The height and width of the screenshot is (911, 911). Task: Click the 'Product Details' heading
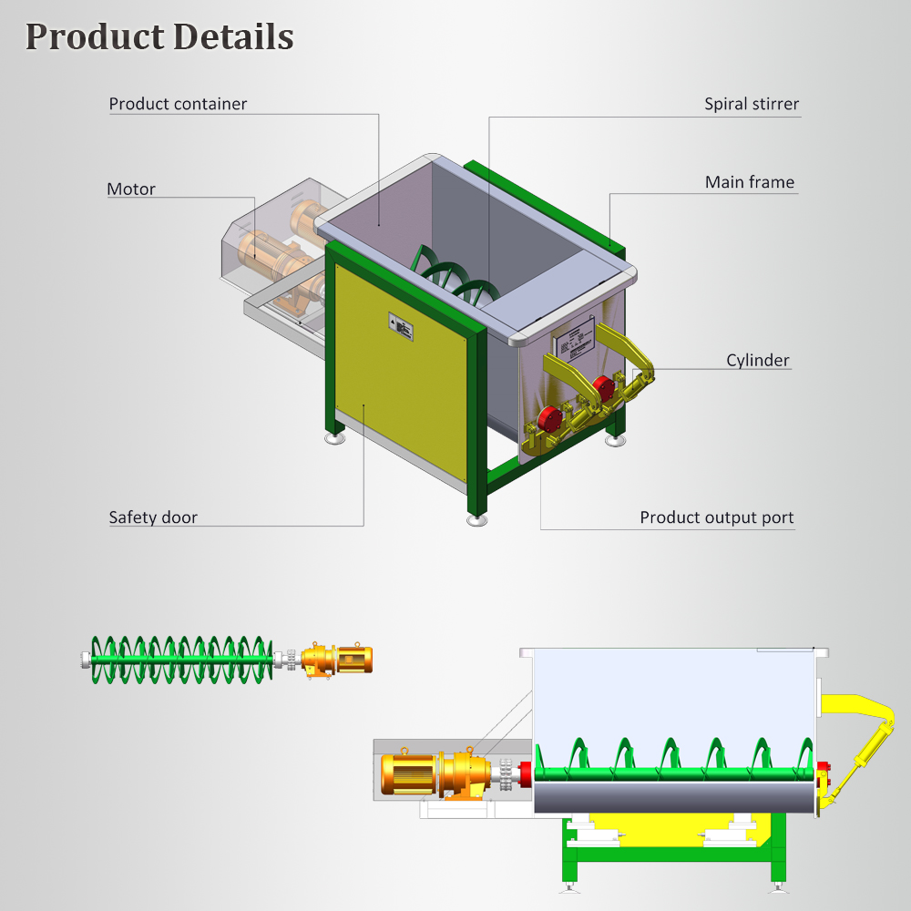159,36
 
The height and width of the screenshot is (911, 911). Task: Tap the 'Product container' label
178,104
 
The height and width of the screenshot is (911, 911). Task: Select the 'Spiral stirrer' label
751,104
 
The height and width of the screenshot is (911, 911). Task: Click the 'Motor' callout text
131,189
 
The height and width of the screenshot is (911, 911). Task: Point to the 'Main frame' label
749,182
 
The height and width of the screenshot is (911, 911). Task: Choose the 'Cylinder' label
757,360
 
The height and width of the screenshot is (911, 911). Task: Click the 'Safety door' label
153,517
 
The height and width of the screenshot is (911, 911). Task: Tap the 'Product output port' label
716,517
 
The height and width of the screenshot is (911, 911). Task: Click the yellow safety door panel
401,383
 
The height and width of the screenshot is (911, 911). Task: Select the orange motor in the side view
410,773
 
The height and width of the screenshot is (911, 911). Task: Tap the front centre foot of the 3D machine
476,521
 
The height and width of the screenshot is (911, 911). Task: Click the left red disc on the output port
548,419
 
